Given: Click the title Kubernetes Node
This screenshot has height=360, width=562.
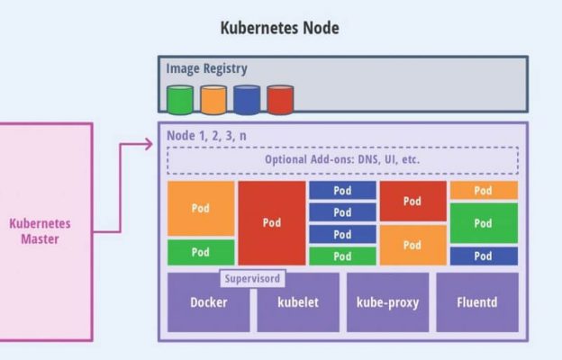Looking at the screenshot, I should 279,28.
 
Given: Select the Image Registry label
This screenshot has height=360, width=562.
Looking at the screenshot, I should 206,68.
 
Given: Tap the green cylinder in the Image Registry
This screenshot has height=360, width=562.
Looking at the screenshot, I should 180,100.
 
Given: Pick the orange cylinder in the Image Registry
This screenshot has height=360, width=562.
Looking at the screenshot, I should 213,100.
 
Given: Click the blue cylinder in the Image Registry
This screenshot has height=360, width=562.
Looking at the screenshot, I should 247,100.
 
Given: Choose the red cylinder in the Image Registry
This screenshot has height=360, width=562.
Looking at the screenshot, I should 280,100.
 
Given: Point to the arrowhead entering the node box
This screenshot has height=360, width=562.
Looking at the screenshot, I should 149,143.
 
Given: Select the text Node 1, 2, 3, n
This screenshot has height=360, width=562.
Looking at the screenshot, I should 207,135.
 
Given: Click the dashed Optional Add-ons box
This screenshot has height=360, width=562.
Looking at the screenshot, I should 342,160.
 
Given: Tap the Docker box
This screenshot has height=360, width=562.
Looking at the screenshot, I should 208,302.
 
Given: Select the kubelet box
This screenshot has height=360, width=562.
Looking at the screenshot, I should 298,302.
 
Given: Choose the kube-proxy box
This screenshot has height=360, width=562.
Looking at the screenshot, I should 387,302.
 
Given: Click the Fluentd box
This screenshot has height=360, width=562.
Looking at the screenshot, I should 477,302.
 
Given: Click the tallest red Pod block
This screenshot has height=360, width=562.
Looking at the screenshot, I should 271,223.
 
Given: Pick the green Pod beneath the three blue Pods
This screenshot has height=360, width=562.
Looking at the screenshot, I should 342,256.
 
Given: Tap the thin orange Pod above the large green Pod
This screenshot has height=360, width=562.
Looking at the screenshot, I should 484,191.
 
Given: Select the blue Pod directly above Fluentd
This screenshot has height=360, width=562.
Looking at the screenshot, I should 484,256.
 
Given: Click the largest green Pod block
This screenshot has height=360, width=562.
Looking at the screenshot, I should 484,223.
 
